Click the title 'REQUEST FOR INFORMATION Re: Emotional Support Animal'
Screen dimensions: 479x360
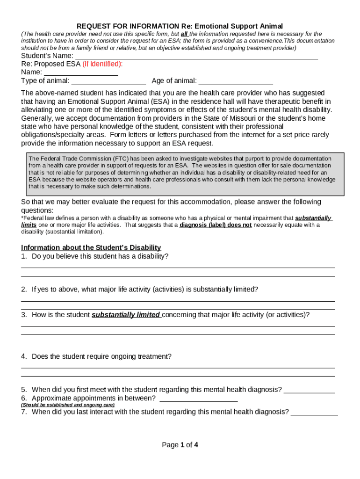coord(180,26)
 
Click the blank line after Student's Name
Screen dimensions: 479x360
coord(196,57)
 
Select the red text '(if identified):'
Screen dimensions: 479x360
coord(102,64)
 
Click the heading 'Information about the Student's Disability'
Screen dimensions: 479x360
coord(91,247)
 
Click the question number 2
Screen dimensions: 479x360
coord(24,289)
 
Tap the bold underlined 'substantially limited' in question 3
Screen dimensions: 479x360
coord(126,315)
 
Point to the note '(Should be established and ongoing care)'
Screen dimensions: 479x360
coord(68,405)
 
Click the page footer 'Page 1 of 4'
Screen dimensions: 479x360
coord(180,445)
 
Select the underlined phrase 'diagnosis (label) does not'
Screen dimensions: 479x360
coord(216,225)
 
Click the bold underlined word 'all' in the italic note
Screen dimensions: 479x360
coord(184,34)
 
